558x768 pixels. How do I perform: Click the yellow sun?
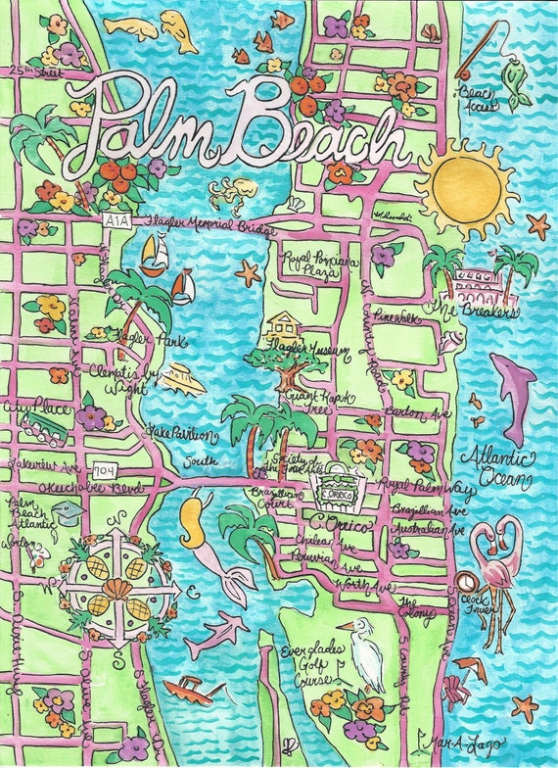464,187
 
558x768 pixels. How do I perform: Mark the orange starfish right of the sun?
537,225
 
